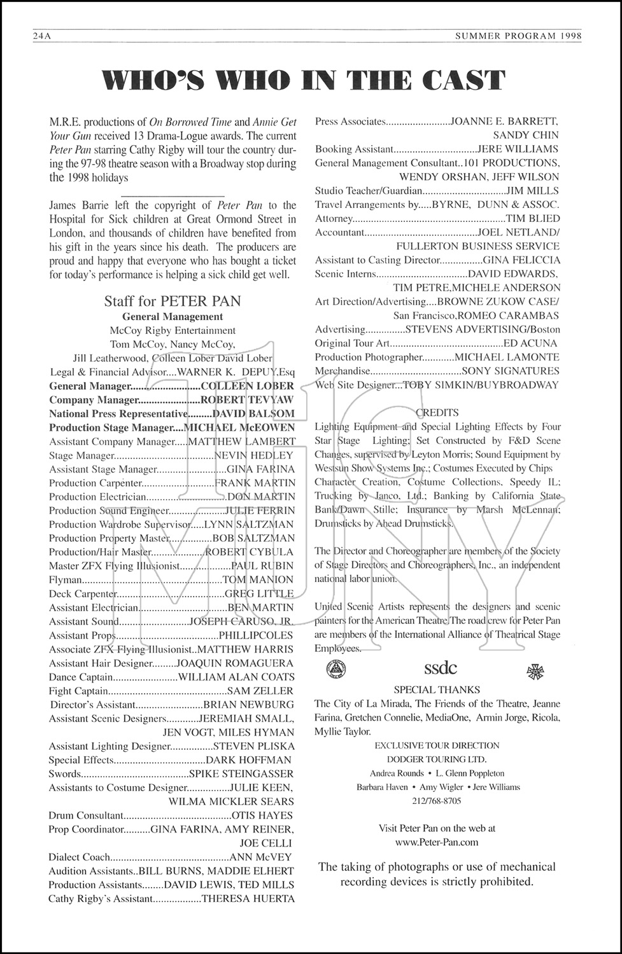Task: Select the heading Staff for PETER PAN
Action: coord(173,301)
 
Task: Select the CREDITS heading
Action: coord(437,413)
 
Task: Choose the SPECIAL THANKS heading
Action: coord(437,689)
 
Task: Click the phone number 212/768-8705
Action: coord(437,801)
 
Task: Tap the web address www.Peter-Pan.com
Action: coord(437,841)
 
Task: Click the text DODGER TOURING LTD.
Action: coord(437,759)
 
